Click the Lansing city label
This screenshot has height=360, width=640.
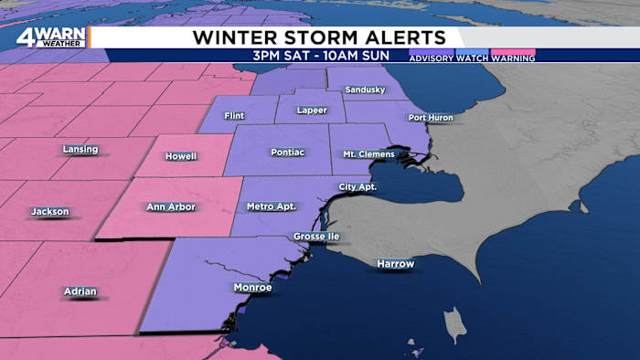coord(80,149)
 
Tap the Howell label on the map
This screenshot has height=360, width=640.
coord(181,156)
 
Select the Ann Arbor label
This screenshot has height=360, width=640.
coord(170,207)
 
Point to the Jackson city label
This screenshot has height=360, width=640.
coord(50,212)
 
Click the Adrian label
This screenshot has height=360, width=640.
coord(80,291)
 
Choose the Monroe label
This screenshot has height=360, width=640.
coord(252,288)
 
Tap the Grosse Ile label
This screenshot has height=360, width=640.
coord(316,237)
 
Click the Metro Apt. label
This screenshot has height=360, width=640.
coord(272,206)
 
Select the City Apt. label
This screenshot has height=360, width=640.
coord(357,187)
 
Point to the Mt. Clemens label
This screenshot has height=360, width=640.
coord(368,154)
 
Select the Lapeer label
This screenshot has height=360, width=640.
coord(311,111)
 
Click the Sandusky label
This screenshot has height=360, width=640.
coord(365,90)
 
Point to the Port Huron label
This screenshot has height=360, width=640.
coord(431,118)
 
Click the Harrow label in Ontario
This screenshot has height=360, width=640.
coord(396,264)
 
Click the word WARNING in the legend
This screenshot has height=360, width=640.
coord(513,58)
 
